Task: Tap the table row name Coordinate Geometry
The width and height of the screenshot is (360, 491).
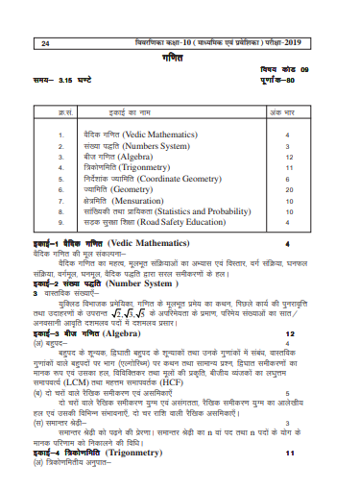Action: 169,178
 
